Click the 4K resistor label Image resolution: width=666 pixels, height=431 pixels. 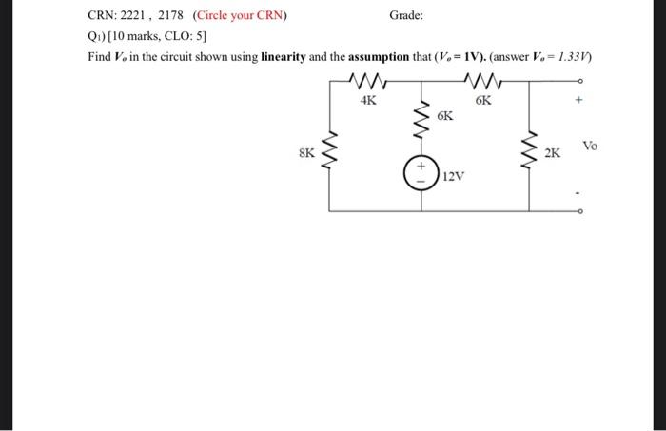[x=368, y=100]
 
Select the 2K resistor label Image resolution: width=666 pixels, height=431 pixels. [x=553, y=152]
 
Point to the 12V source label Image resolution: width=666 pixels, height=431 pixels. [x=453, y=176]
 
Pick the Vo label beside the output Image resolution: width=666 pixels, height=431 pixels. [x=591, y=146]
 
